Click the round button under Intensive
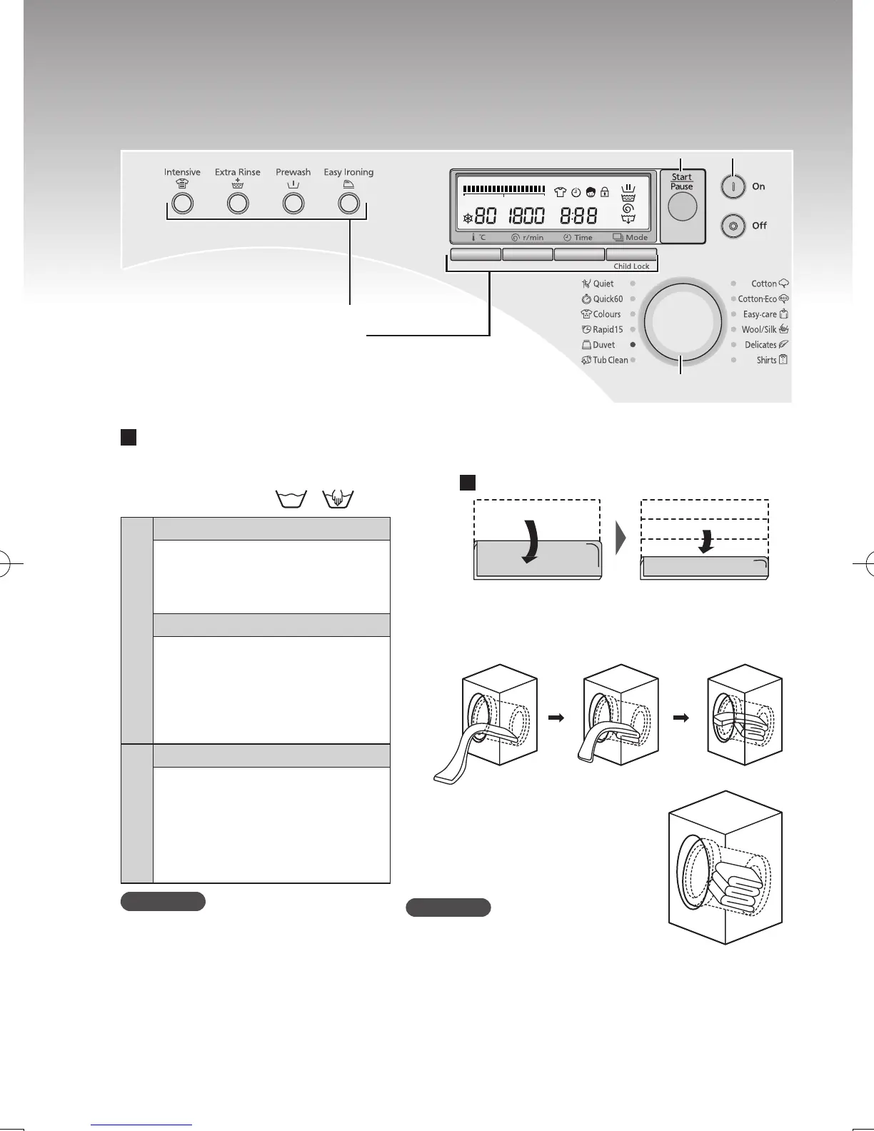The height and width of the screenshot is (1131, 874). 183,203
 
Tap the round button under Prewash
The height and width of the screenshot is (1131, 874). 293,203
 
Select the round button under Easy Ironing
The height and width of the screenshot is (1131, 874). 348,203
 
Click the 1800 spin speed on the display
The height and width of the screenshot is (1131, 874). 526,216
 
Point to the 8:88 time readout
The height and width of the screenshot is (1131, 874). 578,216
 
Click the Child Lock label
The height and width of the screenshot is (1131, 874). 631,266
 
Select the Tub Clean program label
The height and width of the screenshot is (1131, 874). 610,361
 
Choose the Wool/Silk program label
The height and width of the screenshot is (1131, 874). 758,330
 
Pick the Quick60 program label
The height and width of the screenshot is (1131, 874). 608,299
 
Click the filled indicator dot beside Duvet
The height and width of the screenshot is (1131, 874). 633,345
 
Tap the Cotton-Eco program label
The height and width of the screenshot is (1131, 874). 757,299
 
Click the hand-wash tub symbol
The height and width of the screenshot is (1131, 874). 339,498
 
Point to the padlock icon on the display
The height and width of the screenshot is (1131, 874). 605,191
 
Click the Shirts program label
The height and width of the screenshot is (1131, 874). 766,361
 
